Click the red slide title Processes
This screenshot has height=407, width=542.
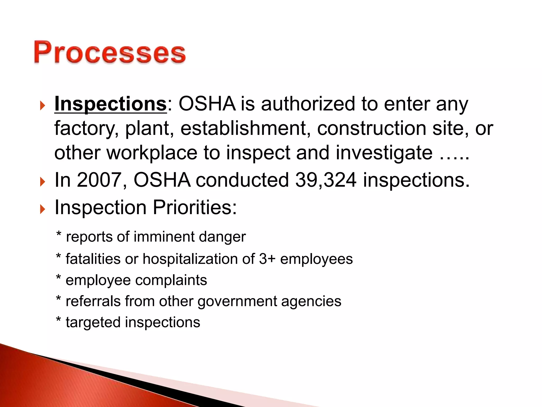pos(110,52)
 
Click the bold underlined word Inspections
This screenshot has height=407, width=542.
pos(111,104)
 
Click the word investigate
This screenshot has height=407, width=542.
pos(384,153)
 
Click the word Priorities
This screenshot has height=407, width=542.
pos(195,207)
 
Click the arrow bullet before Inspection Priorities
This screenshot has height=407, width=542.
pos(43,209)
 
